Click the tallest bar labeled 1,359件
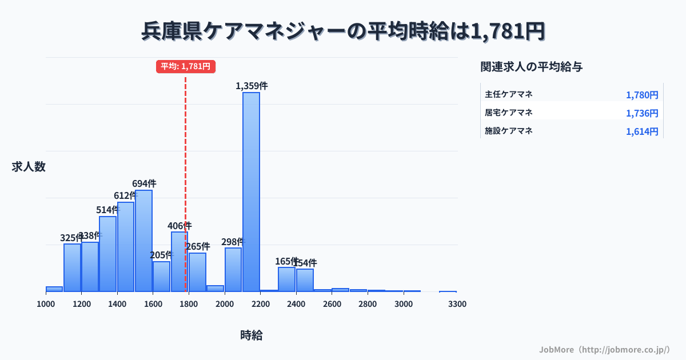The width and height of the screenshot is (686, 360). point(251,191)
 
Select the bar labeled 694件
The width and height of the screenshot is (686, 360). point(143,241)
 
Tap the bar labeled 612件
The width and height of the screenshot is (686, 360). point(126,246)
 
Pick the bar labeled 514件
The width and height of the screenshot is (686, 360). point(107,254)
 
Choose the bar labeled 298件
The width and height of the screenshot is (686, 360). point(233,269)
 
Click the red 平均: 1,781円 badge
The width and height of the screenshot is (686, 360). point(185,66)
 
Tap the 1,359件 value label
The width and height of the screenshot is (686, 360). point(252,86)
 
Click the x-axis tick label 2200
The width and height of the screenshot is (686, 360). point(260,304)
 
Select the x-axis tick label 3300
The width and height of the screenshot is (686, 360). point(457,304)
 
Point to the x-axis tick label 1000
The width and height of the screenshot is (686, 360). point(46,304)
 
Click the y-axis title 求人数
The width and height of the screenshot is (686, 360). point(29,167)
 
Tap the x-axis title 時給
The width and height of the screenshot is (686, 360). point(252,335)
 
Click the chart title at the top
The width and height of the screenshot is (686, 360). point(343,31)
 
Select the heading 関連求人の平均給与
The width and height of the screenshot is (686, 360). point(531,67)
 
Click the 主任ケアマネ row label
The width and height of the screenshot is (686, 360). point(509,94)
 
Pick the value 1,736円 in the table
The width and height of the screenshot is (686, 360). point(642,113)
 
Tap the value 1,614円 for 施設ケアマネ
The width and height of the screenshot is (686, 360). point(642,131)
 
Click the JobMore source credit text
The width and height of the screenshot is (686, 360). point(604,349)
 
